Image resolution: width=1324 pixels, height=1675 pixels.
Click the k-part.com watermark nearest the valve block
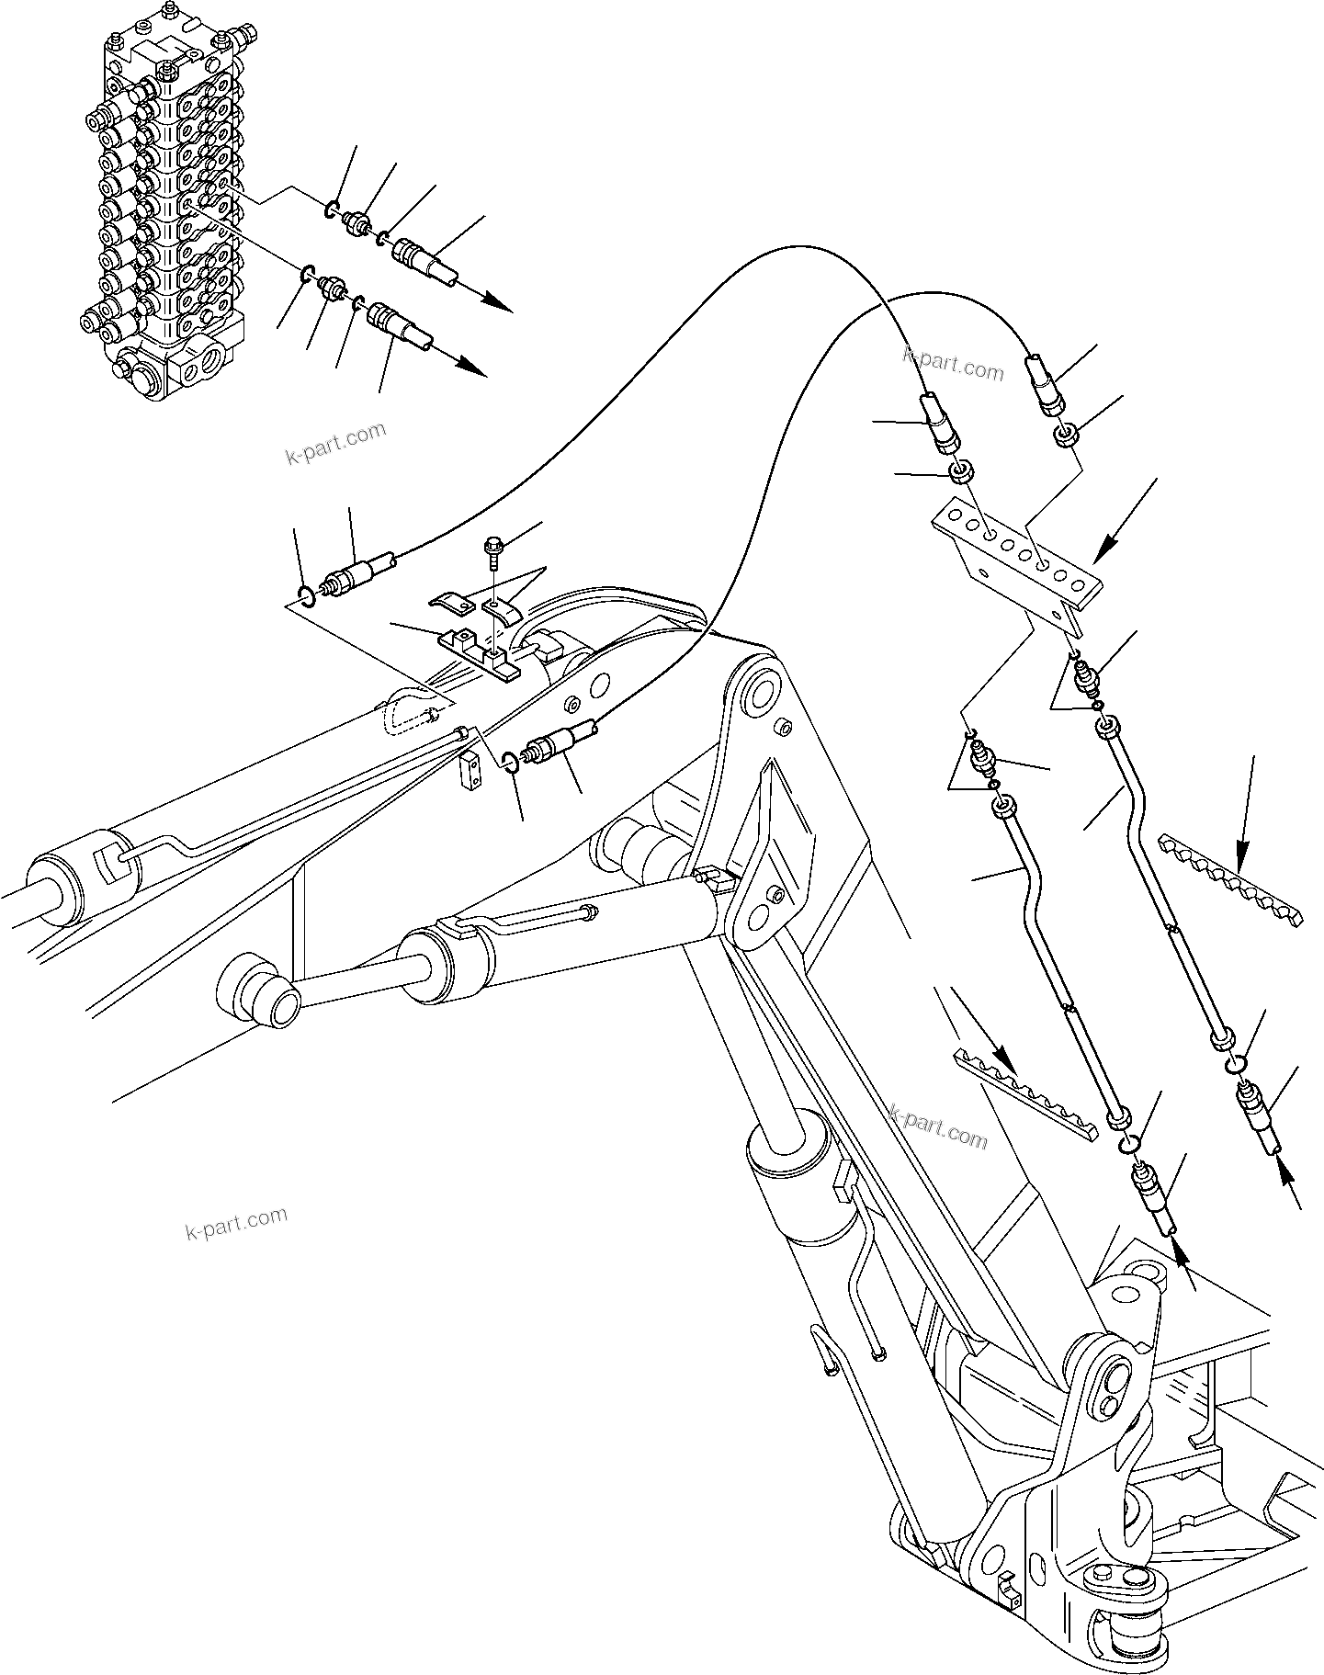coord(336,444)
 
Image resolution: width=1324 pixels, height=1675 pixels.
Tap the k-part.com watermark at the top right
coord(954,364)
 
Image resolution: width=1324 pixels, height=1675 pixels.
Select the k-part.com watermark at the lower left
coord(236,1223)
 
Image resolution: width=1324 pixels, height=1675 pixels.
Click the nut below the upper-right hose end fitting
coord(1067,435)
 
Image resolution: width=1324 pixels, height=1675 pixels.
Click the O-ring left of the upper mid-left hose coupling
coord(308,596)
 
